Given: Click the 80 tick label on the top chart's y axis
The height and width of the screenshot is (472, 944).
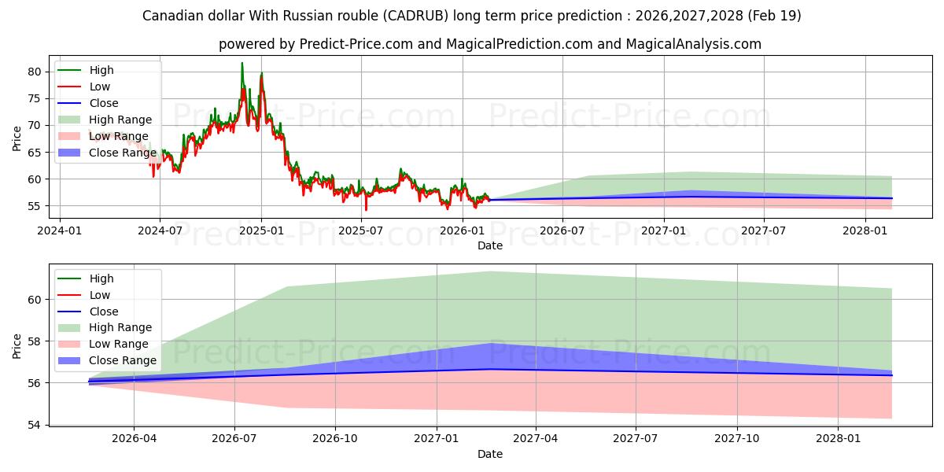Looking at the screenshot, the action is point(34,72).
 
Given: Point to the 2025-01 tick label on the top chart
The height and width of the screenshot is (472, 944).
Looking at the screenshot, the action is point(261,230).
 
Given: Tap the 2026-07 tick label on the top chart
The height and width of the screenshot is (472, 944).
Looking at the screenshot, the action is point(562,230).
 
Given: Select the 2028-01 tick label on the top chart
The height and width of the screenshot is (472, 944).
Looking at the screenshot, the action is point(865,230).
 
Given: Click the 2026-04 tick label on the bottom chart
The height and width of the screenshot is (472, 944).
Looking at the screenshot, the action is point(134,438).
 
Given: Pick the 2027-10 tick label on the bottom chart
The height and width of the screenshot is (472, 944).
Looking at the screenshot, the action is point(736,438).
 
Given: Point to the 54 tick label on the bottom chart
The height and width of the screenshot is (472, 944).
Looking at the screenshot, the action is point(34,425).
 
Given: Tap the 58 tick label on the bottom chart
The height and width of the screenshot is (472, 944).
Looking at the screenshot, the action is point(34,341).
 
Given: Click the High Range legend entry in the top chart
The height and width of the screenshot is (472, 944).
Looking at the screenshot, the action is point(105,120).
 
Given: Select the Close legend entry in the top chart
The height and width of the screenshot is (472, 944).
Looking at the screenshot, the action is point(87,103).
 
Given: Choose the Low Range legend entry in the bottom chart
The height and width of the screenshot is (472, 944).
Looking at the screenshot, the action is point(103,344).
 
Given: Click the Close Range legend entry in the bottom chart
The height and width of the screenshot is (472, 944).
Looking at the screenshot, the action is point(107,360).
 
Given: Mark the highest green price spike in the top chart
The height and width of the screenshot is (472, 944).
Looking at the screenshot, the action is point(242,63).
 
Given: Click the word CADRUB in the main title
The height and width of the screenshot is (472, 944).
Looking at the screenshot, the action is point(416,16).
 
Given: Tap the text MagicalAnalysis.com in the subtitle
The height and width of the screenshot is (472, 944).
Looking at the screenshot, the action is point(693,44).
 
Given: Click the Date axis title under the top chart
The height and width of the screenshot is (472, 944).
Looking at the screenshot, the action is point(489,245).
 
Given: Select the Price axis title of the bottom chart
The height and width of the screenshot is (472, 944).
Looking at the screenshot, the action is point(17,346).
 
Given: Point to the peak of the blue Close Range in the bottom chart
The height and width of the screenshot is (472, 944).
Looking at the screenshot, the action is point(490,344).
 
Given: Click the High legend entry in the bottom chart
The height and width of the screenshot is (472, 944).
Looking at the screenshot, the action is point(86,278).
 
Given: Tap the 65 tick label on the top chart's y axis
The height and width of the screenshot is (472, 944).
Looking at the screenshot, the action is point(34,153).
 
